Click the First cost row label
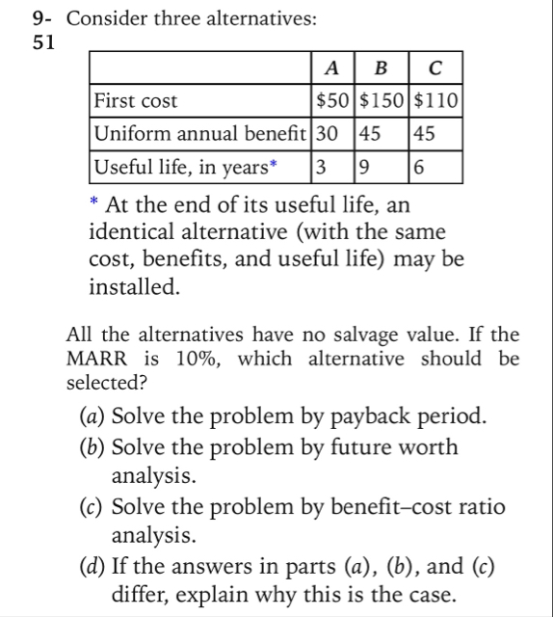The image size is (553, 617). (135, 100)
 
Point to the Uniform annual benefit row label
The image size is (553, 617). (201, 133)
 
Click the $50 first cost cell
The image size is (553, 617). (335, 100)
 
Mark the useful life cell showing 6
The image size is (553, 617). (418, 167)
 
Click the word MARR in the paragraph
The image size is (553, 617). (94, 360)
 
